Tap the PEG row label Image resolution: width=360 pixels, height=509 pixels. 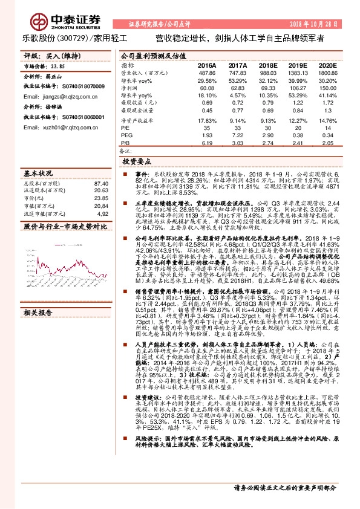[x=127, y=135]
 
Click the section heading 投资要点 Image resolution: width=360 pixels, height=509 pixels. [x=136, y=162]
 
